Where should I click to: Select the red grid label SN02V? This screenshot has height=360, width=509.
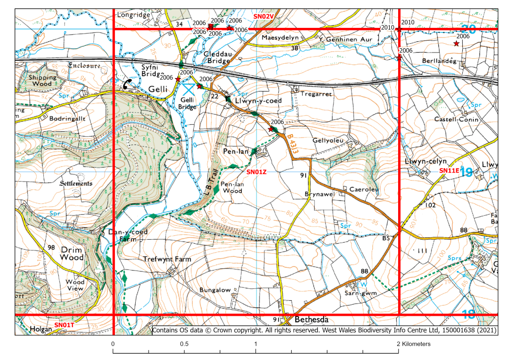click(264, 16)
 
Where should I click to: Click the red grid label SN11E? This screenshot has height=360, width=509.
click(449, 170)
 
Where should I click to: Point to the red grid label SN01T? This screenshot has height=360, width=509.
click(64, 325)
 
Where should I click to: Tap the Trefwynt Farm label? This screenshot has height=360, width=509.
click(167, 259)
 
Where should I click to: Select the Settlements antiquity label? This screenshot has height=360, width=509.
click(76, 183)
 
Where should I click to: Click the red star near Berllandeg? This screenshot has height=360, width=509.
click(456, 44)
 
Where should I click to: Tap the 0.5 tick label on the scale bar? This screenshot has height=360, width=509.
click(184, 344)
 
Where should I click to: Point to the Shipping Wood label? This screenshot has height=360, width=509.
click(42, 81)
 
